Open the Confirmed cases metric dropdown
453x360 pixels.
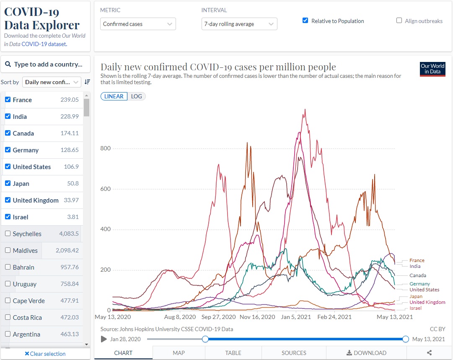point(138,24)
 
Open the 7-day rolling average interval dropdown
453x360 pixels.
point(239,24)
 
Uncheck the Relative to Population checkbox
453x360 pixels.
point(305,21)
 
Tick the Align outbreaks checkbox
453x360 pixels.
point(399,21)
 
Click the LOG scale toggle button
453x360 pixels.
point(136,96)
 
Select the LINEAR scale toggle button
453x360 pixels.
point(114,96)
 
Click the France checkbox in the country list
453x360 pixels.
point(8,100)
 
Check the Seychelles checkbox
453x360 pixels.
point(8,234)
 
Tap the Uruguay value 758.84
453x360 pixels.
point(69,284)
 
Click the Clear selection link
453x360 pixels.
point(45,354)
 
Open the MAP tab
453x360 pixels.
point(179,353)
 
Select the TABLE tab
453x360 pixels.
point(233,353)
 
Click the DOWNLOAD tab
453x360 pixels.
point(366,353)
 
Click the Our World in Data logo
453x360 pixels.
point(432,69)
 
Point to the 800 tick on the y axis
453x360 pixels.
point(105,148)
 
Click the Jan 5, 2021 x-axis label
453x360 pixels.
point(296,317)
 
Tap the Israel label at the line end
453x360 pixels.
point(415,308)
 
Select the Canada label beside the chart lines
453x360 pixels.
point(417,275)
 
